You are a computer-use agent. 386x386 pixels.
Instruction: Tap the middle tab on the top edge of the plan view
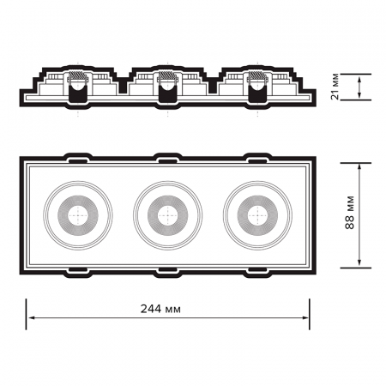166,158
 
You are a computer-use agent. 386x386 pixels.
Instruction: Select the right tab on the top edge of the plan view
256,158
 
